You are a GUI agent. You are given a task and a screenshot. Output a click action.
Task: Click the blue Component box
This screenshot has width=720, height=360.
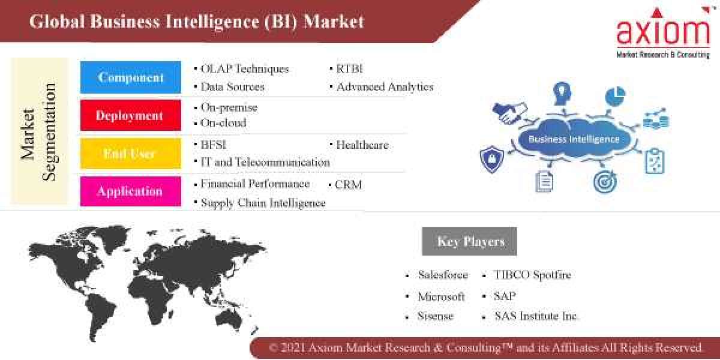131,77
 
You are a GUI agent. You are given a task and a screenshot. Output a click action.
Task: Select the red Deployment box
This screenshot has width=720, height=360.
131,115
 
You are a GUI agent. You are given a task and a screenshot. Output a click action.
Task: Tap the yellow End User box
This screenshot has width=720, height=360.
131,154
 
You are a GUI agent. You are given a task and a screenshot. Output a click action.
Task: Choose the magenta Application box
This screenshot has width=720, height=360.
131,191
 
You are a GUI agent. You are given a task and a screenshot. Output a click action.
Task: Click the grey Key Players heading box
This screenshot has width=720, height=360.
470,242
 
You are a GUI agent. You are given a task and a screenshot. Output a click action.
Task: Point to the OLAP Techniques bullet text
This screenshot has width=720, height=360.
244,69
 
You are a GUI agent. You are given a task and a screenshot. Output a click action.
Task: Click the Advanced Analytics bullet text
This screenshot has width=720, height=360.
385,87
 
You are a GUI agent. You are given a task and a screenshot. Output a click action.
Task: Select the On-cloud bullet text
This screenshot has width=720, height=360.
223,123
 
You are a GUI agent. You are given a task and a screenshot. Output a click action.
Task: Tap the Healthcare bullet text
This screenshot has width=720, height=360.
362,145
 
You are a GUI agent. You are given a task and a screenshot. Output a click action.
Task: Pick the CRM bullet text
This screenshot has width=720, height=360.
348,185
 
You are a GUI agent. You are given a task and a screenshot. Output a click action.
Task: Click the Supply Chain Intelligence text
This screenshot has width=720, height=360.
263,203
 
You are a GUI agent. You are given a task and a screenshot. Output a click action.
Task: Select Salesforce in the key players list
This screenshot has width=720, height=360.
443,275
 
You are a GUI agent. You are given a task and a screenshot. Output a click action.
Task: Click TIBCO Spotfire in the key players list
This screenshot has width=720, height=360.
532,275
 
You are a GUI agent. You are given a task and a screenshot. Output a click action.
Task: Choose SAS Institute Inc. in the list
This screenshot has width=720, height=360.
536,316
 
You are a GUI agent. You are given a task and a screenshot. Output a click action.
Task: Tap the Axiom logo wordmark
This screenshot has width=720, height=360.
662,30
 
